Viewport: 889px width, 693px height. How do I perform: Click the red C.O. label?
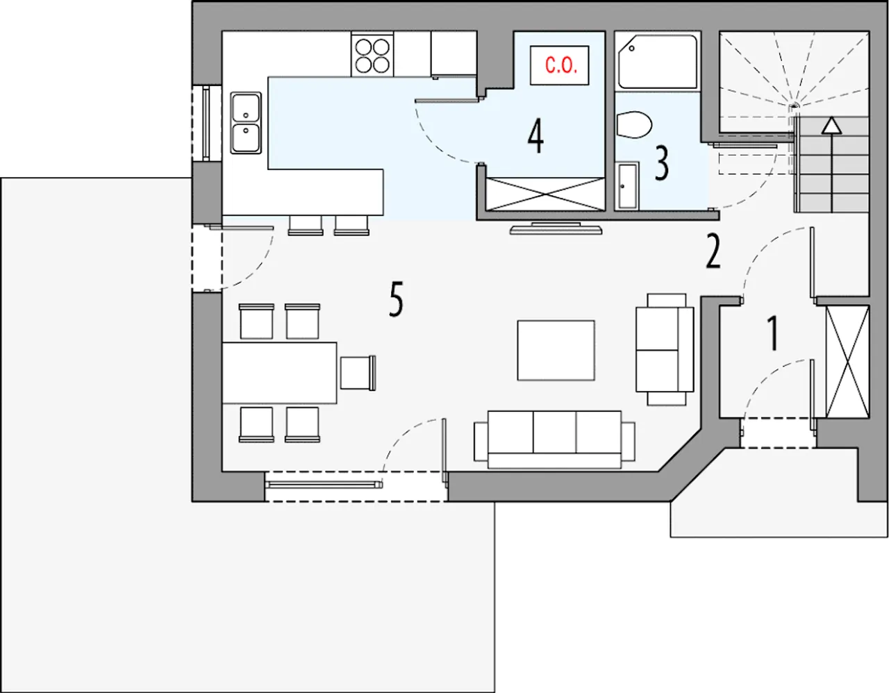561,65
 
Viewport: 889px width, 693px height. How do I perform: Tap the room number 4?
535,136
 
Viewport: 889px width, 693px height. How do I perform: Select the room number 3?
661,164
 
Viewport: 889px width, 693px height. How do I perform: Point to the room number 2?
713,251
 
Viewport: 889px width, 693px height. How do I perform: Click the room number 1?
772,333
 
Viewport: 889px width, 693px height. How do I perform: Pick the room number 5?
396,299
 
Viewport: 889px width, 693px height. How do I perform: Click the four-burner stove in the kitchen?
372,55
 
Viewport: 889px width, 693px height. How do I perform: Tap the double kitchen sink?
245,123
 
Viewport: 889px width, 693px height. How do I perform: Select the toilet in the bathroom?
633,124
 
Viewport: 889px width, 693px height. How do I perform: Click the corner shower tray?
658,62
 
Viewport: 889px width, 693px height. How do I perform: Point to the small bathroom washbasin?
628,186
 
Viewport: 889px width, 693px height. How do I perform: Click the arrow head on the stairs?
831,125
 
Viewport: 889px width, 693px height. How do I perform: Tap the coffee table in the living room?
556,351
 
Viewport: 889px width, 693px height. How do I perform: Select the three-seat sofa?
555,440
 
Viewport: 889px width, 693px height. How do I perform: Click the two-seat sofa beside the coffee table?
665,349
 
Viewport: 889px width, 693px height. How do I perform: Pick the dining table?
279,373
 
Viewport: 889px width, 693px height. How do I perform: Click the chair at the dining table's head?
358,373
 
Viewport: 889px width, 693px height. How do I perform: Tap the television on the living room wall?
556,228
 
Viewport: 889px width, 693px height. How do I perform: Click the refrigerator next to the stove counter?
454,54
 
